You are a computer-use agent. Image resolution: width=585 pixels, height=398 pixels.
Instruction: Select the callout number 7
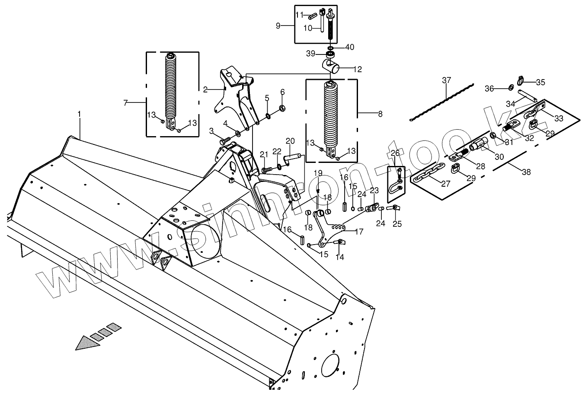pos(125,103)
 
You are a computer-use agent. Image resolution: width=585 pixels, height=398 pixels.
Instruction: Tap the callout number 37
pos(446,80)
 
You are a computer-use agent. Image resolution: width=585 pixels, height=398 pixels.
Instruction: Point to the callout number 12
pos(358,69)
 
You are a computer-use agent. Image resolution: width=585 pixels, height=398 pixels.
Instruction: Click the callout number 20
pos(290,141)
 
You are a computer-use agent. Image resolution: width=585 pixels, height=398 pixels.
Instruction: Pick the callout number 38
pos(526,172)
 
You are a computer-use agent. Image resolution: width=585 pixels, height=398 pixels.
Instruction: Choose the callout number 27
pos(446,184)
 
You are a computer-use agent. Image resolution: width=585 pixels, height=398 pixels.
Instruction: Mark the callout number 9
pos(278,25)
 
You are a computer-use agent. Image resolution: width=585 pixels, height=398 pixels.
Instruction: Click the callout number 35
pos(540,82)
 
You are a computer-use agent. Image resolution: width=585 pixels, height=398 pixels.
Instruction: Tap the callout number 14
pos(340,257)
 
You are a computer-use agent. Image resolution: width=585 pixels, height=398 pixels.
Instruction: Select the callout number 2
pos(205,89)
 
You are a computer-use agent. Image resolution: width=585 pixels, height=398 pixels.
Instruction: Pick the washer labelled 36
pos(509,89)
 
